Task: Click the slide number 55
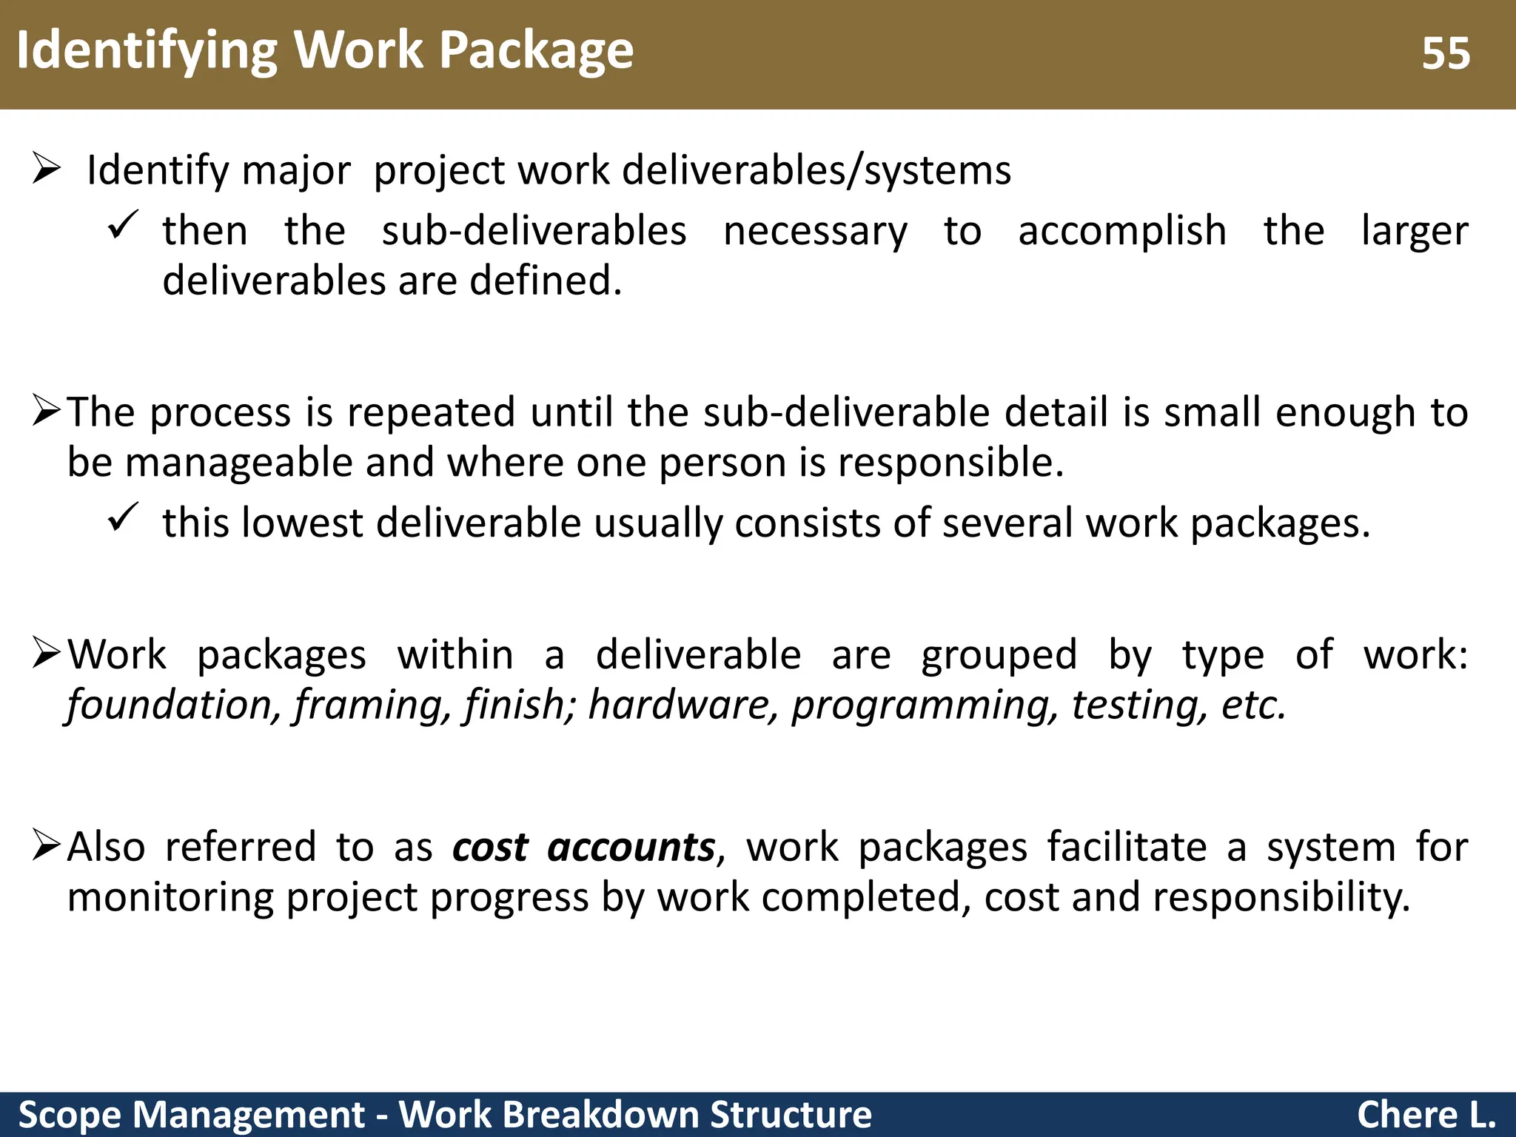(x=1445, y=53)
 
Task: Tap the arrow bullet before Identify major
(x=46, y=169)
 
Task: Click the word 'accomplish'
(x=1122, y=231)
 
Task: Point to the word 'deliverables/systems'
(x=816, y=170)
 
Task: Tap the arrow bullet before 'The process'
(x=46, y=411)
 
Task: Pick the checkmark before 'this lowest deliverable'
(x=122, y=517)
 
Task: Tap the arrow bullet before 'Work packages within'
(x=46, y=653)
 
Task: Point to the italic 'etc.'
(x=1253, y=705)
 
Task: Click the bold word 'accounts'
(x=631, y=847)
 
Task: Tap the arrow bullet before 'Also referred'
(x=46, y=845)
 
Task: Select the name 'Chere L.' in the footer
(x=1426, y=1115)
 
